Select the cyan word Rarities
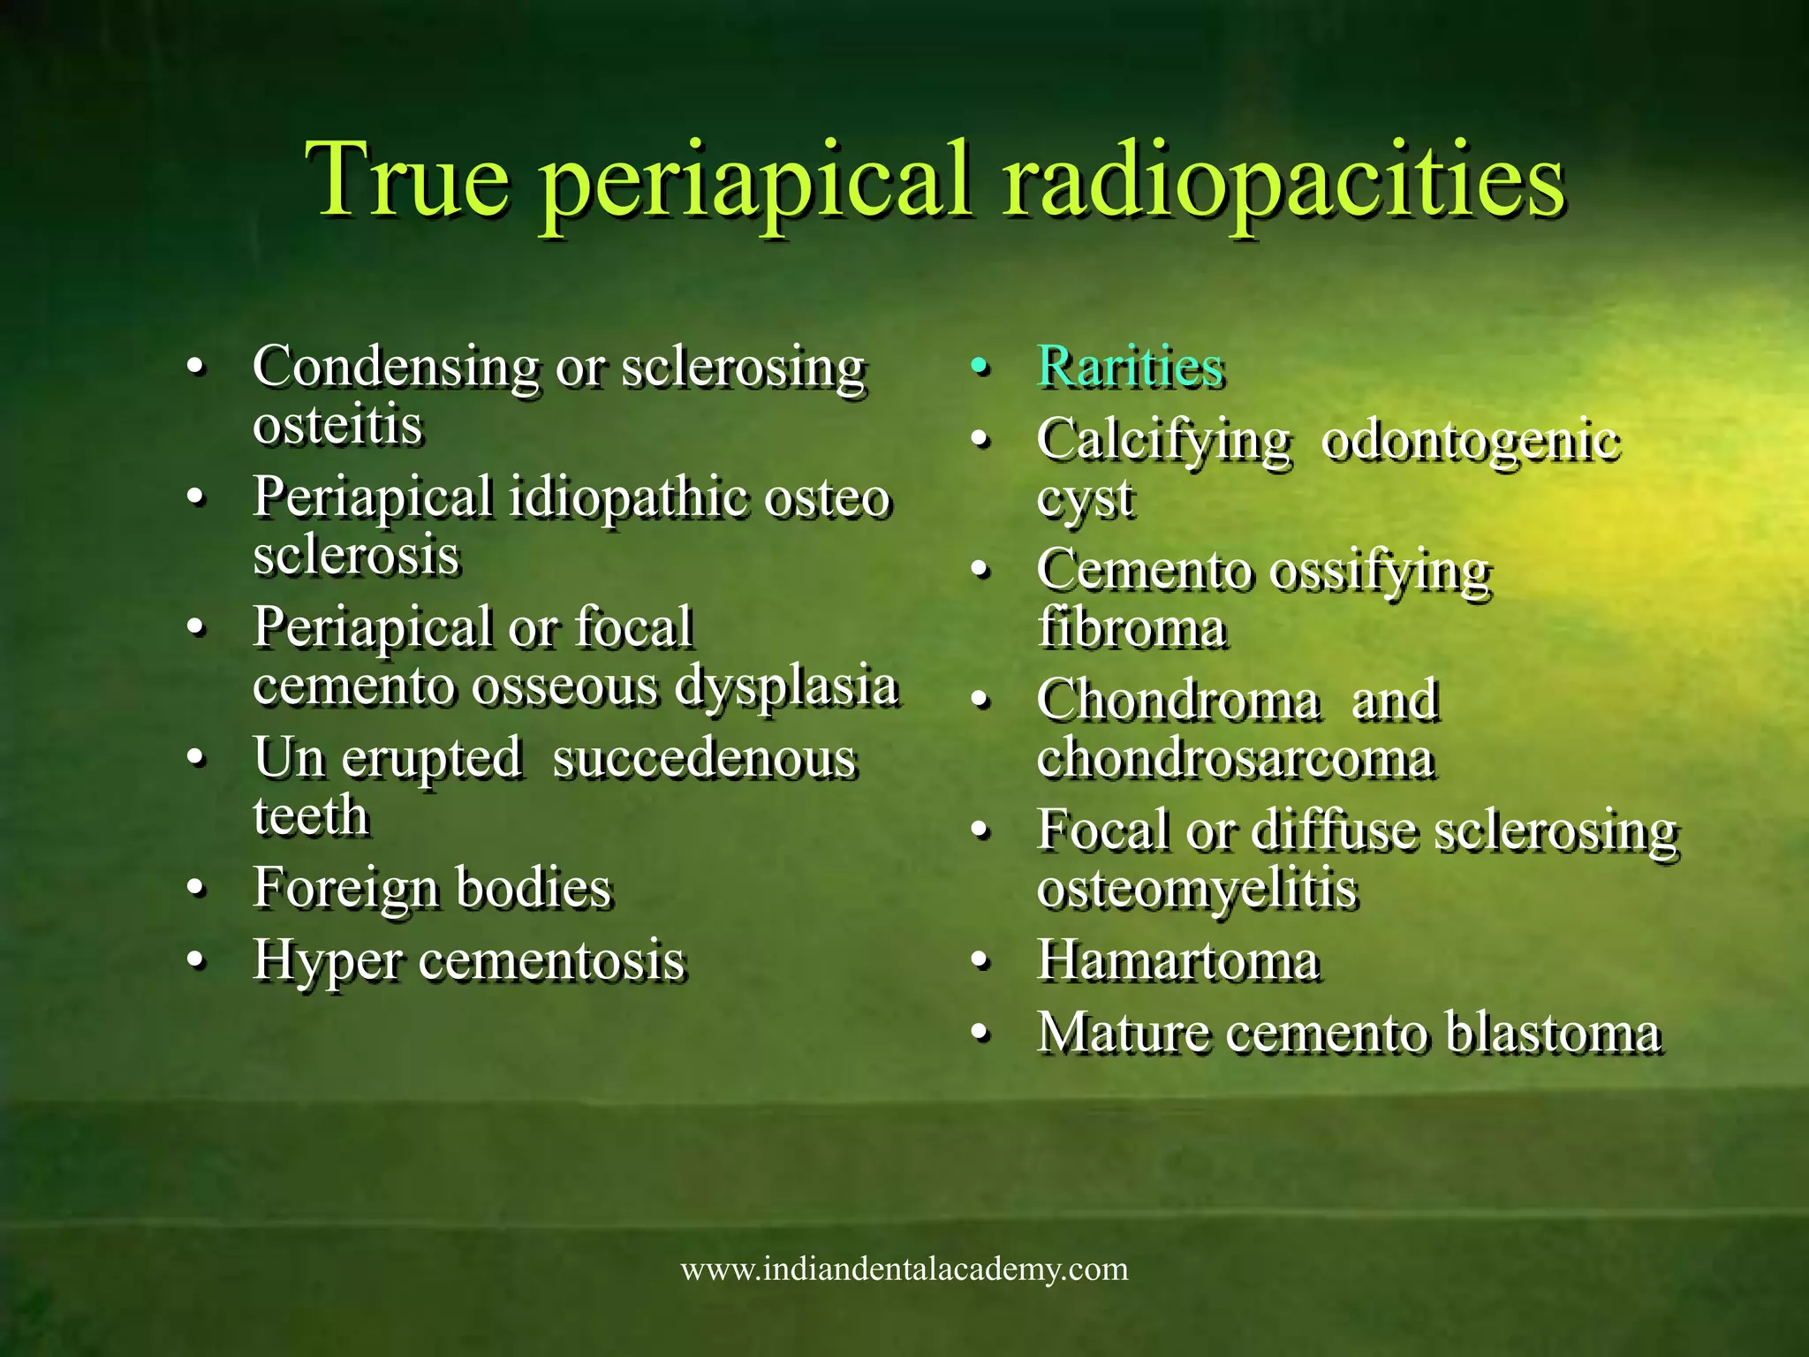[x=1130, y=366]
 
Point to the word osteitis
[x=337, y=425]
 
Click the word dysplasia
[x=786, y=686]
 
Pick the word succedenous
[x=704, y=758]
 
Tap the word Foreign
[x=344, y=887]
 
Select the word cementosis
[x=551, y=960]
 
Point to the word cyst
[x=1085, y=498]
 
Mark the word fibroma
[x=1132, y=628]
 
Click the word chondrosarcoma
[x=1235, y=758]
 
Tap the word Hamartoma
[x=1178, y=960]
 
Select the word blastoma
[x=1553, y=1033]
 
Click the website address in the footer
[x=904, y=1270]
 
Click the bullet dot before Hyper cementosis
[x=196, y=960]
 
